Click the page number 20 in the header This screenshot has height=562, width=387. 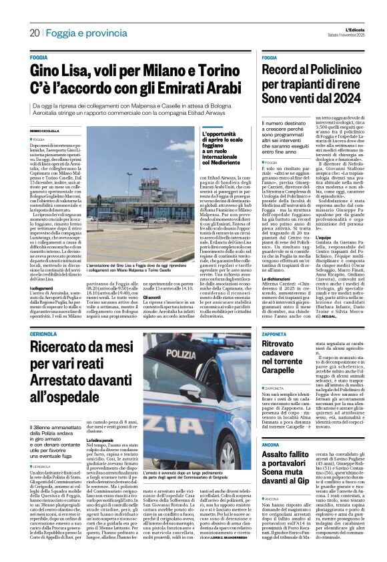coord(33,33)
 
